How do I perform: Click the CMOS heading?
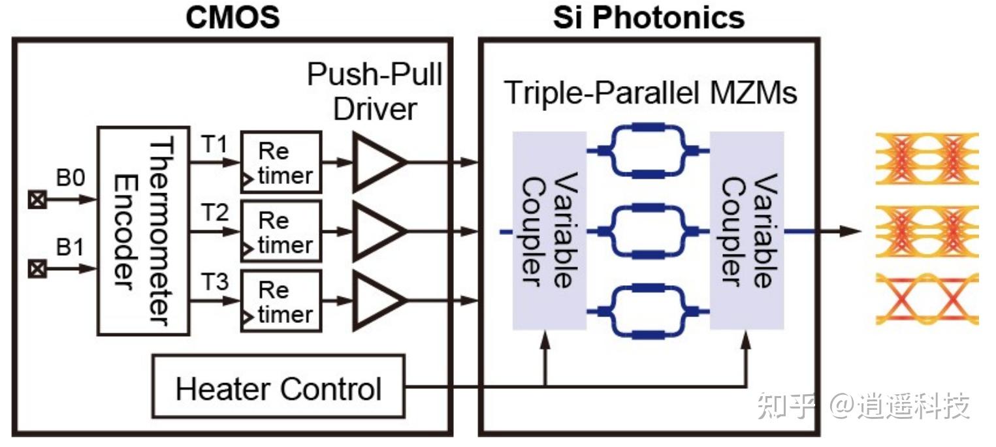coord(233,17)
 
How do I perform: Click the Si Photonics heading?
coord(648,17)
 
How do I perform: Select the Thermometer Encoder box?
coord(142,231)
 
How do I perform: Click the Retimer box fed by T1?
coord(281,162)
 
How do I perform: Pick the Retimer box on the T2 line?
coord(281,232)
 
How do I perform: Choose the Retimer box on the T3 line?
coord(281,301)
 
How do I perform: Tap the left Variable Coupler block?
coord(549,231)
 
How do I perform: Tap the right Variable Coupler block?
coord(747,231)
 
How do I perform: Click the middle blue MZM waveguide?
coord(648,231)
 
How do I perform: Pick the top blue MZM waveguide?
coord(648,151)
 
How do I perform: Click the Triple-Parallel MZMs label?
coord(651,93)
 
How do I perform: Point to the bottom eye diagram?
coord(927,300)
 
